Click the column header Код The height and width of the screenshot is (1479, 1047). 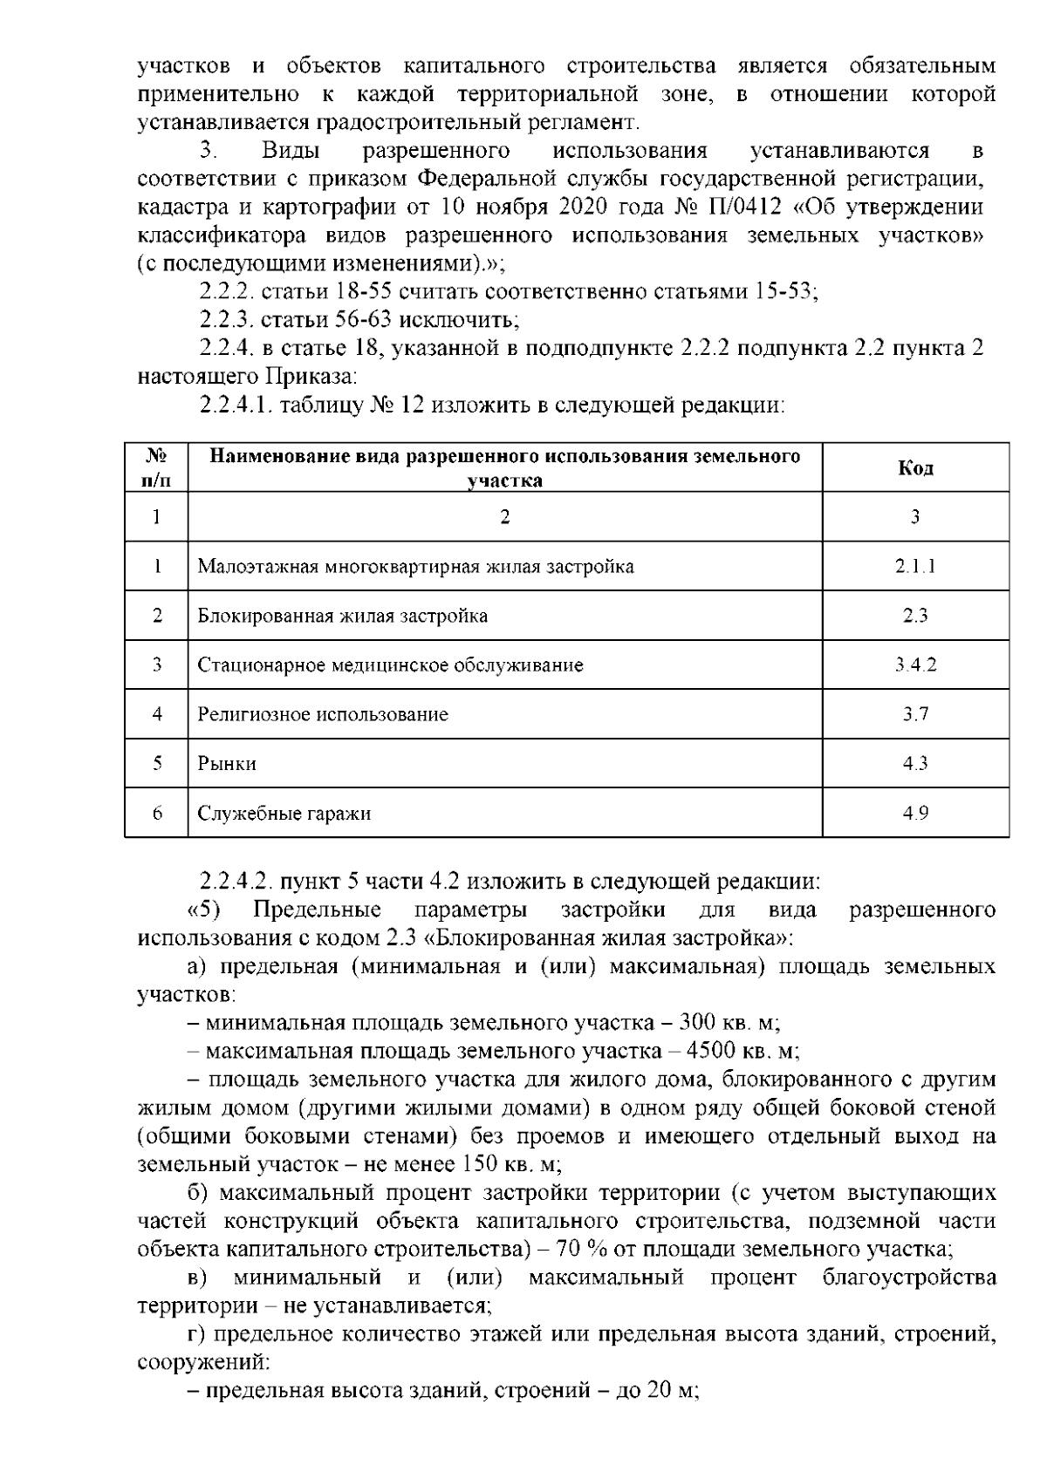(x=915, y=468)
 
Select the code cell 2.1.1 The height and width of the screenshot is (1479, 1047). (x=915, y=567)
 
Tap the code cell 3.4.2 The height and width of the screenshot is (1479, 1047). (x=915, y=665)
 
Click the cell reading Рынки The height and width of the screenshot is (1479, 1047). (x=227, y=764)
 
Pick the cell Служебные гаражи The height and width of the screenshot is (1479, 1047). (x=284, y=814)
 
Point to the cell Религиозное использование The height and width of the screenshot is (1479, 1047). (x=323, y=715)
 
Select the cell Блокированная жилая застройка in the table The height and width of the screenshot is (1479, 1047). (x=342, y=617)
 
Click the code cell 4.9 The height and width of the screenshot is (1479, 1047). (x=915, y=814)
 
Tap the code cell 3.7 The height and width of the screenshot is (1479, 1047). (x=915, y=715)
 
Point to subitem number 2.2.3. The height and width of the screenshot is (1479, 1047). (x=228, y=320)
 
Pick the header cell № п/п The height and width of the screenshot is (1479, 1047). (x=156, y=468)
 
